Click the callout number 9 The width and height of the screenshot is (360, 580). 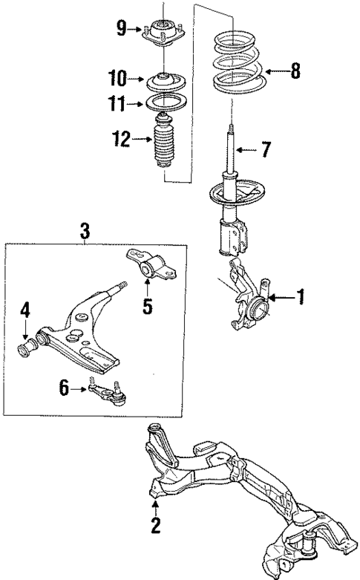(122, 30)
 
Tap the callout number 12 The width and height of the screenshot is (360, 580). (121, 137)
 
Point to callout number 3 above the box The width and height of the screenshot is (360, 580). (85, 232)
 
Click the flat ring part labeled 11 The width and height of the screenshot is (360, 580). (163, 102)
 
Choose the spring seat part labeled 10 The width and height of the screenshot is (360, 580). (163, 79)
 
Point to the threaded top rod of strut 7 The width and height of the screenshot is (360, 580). (232, 138)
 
